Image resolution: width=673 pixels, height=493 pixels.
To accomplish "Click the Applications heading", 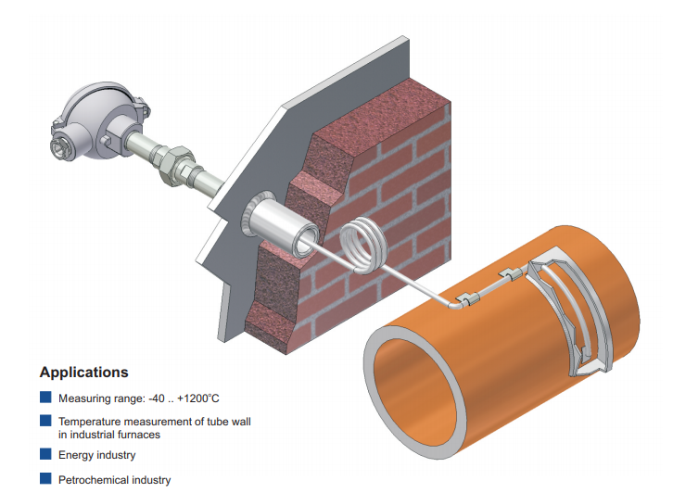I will tap(83, 373).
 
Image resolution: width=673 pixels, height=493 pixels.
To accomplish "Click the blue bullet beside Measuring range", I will tap(45, 398).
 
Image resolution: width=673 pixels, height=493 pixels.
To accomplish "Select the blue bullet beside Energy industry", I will tap(45, 454).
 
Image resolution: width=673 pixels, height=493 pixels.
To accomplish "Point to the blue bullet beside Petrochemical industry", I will tap(45, 479).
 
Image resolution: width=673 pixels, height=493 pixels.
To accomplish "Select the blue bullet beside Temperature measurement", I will tap(45, 421).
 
